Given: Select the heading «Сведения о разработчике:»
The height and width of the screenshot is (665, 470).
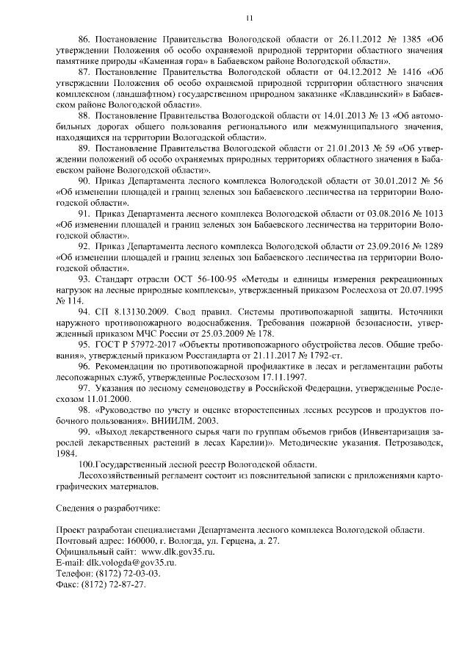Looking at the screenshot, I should coord(108,508).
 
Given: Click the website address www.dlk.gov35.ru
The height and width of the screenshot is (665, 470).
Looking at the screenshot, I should coord(178,552).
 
